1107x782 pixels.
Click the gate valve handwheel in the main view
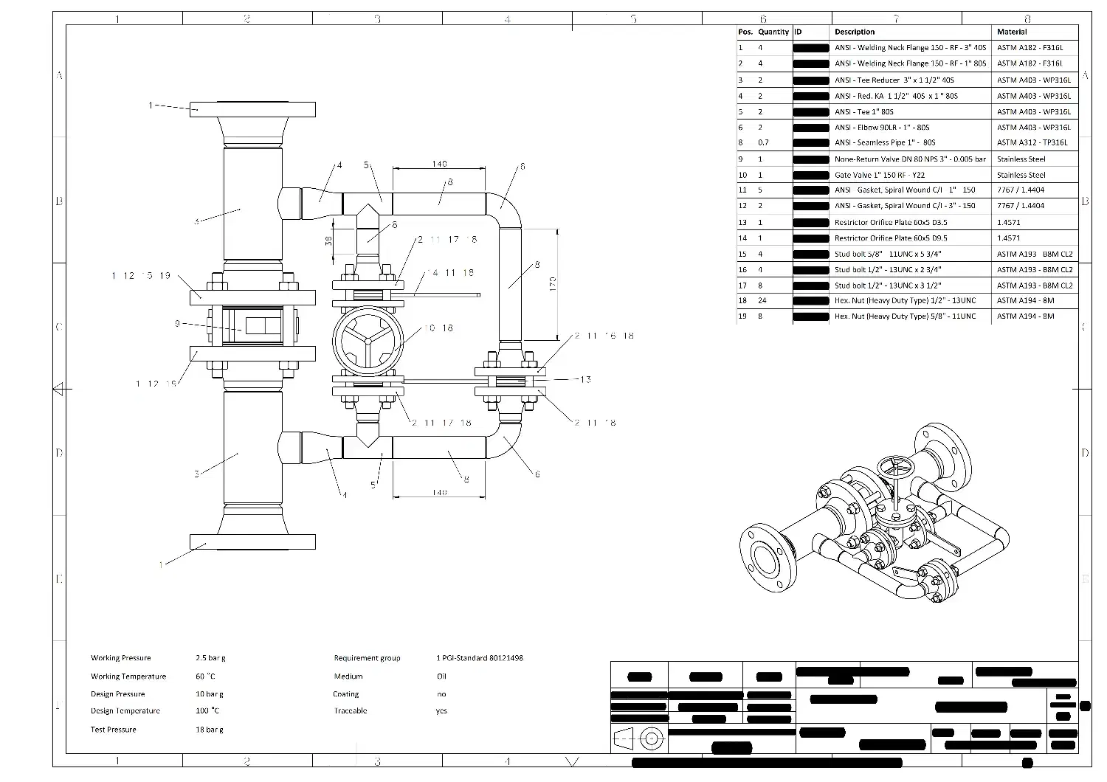click(367, 342)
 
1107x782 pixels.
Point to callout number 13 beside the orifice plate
click(585, 379)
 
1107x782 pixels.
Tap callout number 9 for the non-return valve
click(178, 323)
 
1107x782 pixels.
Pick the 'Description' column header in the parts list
click(855, 32)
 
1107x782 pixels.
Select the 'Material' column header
click(1012, 32)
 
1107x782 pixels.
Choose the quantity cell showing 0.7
click(763, 142)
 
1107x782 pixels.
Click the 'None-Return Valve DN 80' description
click(910, 159)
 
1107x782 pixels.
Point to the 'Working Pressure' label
click(120, 658)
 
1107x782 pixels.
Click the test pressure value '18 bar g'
click(210, 730)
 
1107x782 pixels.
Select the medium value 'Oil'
click(441, 676)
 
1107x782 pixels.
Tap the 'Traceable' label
click(350, 711)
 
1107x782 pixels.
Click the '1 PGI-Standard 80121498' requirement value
click(480, 658)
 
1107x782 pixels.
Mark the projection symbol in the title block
click(639, 738)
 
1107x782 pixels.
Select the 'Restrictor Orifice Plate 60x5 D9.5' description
click(891, 238)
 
